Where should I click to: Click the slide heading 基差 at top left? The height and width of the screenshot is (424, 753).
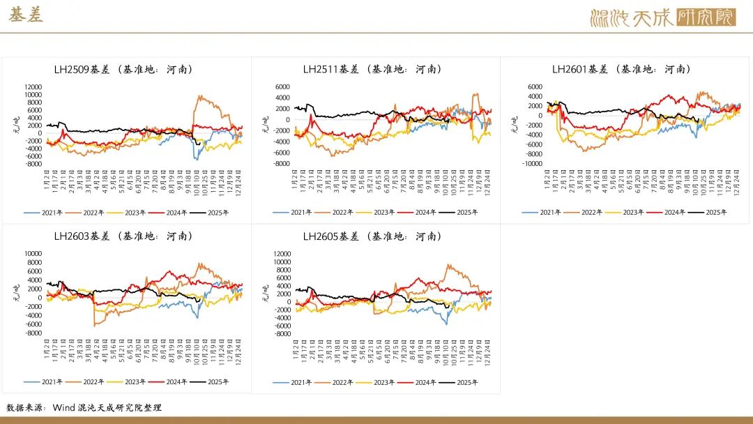pyautogui.click(x=26, y=15)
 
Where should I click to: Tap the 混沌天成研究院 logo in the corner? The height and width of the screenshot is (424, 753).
pyautogui.click(x=662, y=17)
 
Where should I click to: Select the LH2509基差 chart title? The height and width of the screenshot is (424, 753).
pyautogui.click(x=123, y=69)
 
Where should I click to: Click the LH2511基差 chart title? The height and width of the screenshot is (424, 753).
pyautogui.click(x=372, y=69)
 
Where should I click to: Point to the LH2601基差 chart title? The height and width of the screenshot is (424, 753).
pyautogui.click(x=621, y=69)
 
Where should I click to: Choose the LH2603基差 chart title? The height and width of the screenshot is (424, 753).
pyautogui.click(x=123, y=236)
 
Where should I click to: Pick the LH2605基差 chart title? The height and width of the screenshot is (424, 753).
pyautogui.click(x=372, y=236)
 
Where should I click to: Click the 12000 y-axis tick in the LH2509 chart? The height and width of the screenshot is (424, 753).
pyautogui.click(x=33, y=86)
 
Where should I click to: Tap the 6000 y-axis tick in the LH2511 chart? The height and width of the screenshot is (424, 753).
pyautogui.click(x=282, y=86)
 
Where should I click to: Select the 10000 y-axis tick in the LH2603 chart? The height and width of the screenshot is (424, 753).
pyautogui.click(x=33, y=253)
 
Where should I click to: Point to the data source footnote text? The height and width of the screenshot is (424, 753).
pyautogui.click(x=84, y=407)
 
